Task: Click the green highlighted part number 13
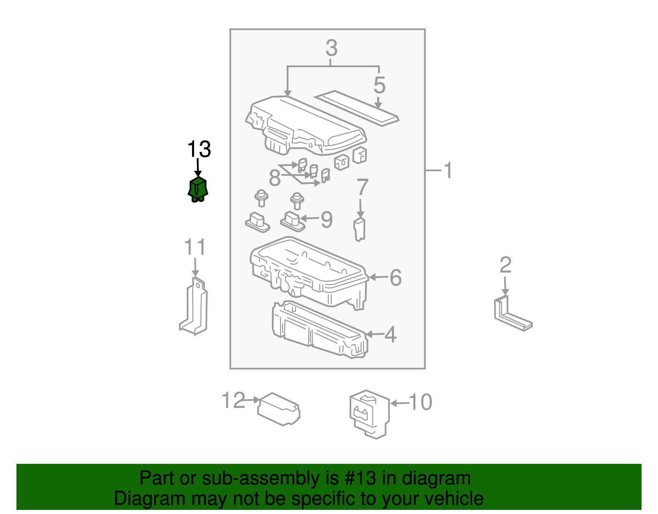198,190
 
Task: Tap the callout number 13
199,149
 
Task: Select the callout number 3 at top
331,48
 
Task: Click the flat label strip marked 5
356,108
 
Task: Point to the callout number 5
379,86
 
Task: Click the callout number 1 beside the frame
448,170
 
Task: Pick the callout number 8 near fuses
274,178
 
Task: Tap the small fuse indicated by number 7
359,230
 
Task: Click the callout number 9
327,220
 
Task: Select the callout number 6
395,277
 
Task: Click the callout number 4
390,335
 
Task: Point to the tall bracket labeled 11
194,306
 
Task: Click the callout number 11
195,247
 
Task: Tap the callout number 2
505,265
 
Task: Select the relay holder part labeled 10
369,414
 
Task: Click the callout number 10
420,402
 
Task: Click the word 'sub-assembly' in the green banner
261,479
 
